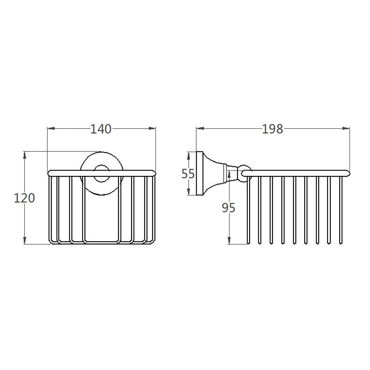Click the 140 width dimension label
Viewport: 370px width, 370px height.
(101, 129)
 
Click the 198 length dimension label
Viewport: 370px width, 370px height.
(272, 129)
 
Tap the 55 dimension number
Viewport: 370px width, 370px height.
(188, 174)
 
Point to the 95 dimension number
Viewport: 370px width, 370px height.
(228, 208)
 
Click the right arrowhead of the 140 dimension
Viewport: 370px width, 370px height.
(152, 128)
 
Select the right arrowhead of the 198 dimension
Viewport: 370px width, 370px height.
(346, 128)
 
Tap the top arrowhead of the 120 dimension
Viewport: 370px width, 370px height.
(24, 155)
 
